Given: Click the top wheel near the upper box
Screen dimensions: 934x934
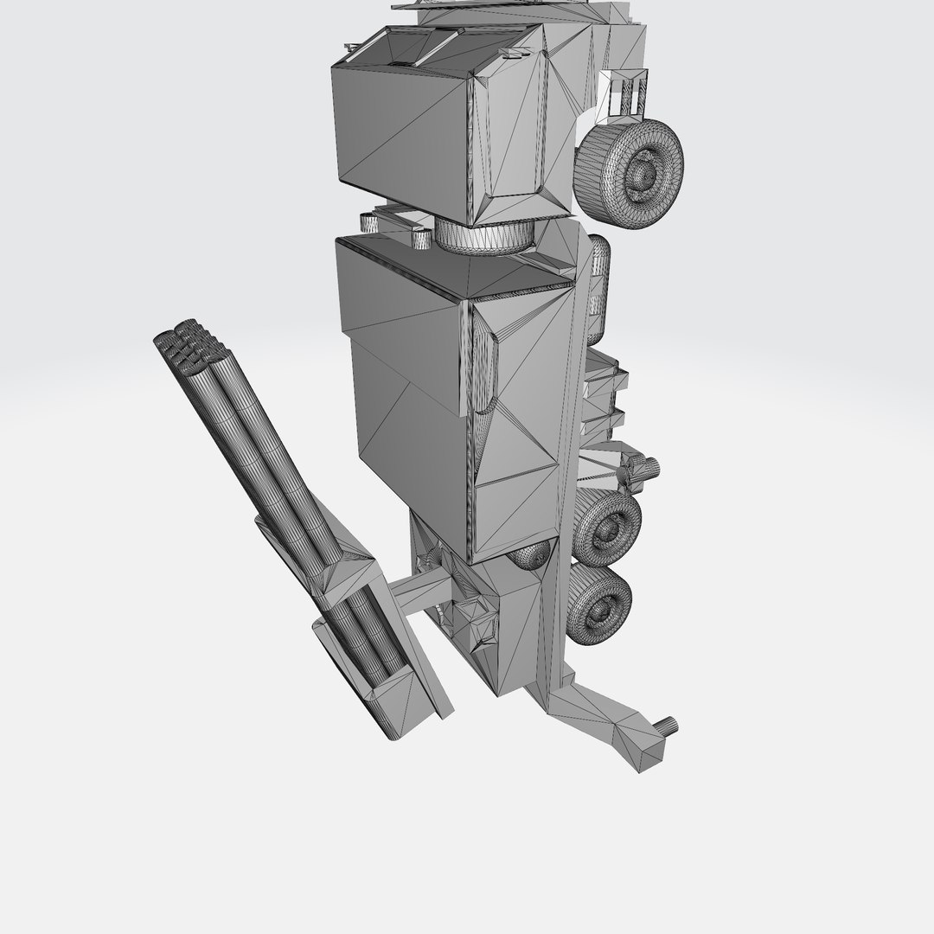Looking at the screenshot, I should [x=630, y=173].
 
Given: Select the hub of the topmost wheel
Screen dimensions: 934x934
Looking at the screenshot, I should [x=645, y=173].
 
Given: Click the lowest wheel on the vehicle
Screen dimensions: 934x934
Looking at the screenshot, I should [x=598, y=606].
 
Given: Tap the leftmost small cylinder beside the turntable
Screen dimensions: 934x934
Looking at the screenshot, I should [x=370, y=223].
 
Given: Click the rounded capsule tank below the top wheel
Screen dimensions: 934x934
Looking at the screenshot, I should [x=598, y=285].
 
